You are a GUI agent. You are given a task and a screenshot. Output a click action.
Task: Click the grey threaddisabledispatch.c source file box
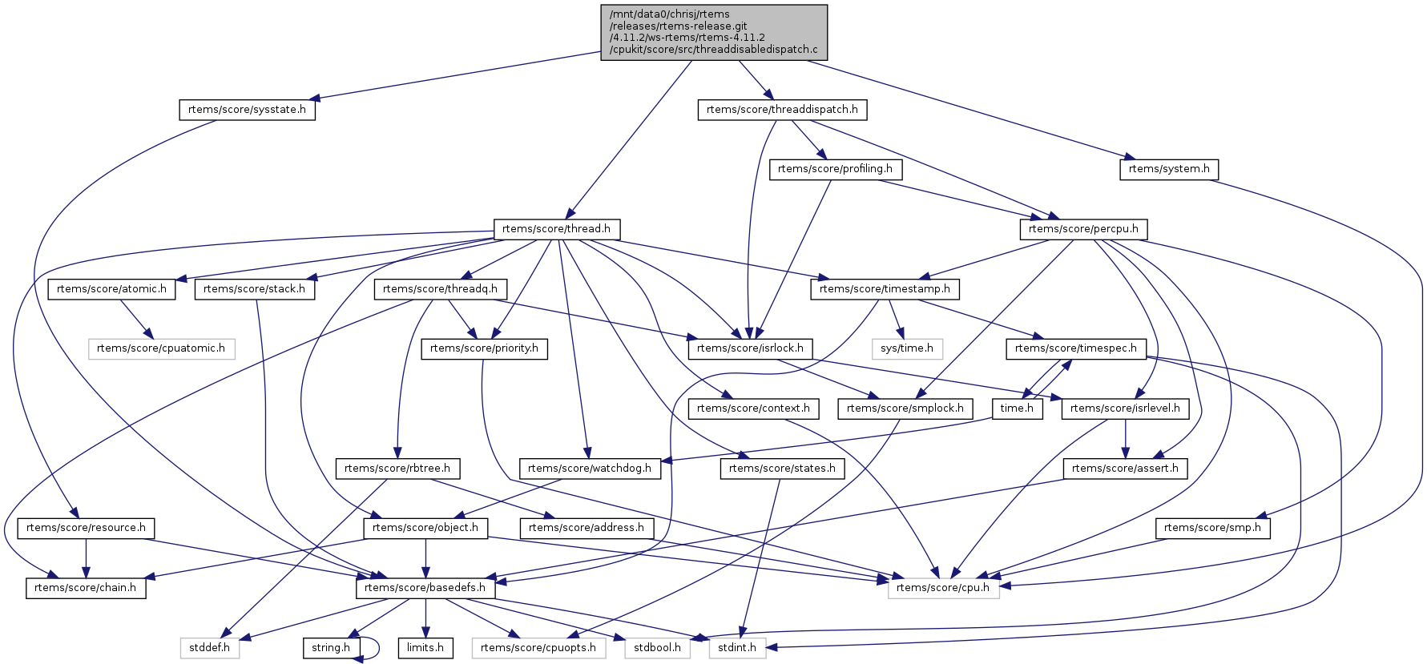[713, 32]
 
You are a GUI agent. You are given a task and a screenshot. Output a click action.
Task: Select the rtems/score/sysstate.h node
[247, 110]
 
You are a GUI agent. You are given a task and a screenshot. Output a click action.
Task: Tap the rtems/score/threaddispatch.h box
[782, 110]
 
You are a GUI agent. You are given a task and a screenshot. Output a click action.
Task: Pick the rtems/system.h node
[1169, 169]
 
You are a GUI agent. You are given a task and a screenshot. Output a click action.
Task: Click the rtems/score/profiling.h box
[835, 169]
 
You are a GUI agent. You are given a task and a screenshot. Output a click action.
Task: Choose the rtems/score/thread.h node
[556, 229]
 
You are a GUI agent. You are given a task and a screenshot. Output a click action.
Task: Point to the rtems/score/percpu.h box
[1083, 229]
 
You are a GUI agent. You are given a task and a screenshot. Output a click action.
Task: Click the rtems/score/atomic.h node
[112, 289]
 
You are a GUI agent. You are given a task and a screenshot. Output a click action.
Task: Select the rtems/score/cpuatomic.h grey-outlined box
[161, 348]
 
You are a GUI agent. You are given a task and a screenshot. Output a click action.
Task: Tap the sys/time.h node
[907, 348]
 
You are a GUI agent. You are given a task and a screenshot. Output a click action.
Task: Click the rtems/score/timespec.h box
[1075, 348]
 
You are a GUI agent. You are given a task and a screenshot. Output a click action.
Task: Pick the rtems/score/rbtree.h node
[397, 469]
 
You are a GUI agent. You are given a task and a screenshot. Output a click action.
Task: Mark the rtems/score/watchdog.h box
[590, 469]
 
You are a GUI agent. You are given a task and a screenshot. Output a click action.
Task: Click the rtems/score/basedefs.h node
[425, 588]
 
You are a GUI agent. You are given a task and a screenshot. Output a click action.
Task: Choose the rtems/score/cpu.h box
[943, 588]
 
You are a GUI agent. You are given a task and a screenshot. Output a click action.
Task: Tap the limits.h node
[425, 648]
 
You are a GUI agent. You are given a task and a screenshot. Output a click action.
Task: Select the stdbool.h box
[657, 648]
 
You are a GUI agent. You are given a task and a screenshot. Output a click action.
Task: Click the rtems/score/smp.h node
[1212, 528]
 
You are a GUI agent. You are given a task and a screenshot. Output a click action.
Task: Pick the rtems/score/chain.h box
[86, 588]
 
